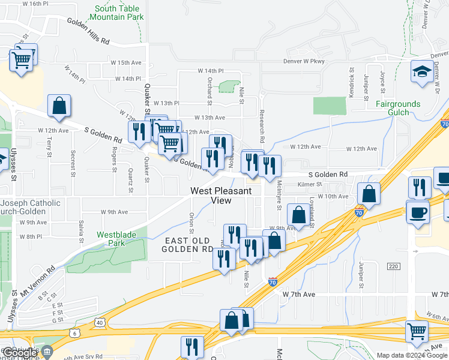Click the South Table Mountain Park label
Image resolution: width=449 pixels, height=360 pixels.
(119, 13)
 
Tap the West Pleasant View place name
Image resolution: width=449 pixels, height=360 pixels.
(220, 196)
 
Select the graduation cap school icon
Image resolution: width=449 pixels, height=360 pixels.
(421, 71)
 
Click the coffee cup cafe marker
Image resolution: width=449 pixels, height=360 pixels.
(418, 211)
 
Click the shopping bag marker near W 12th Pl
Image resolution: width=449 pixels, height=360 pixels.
(59, 106)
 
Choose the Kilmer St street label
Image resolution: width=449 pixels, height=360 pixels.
(310, 185)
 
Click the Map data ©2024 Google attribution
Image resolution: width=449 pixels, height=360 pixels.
(412, 355)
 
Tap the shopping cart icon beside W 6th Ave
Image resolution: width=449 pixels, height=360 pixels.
(417, 330)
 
